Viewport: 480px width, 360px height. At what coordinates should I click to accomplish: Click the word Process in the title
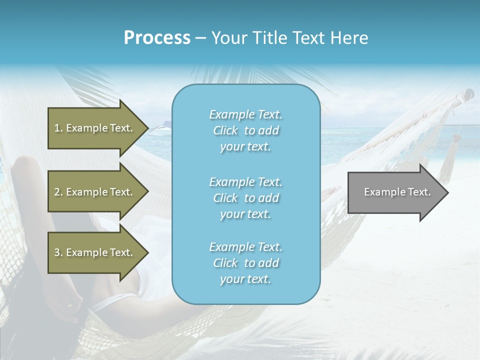coord(157,38)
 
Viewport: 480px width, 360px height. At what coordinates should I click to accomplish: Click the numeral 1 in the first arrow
coord(57,128)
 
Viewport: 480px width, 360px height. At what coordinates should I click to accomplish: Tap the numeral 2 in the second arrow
coord(57,192)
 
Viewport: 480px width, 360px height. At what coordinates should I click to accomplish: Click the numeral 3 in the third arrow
coord(57,252)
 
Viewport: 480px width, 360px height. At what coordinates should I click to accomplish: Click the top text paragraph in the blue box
coord(246,130)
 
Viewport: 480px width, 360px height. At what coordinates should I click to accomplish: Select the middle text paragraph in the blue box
coord(246,198)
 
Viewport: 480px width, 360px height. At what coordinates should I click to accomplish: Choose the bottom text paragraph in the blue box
coord(246,263)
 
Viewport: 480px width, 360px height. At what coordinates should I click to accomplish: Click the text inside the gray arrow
coord(397,192)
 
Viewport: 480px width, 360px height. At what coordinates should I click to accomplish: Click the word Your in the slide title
coord(229,38)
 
